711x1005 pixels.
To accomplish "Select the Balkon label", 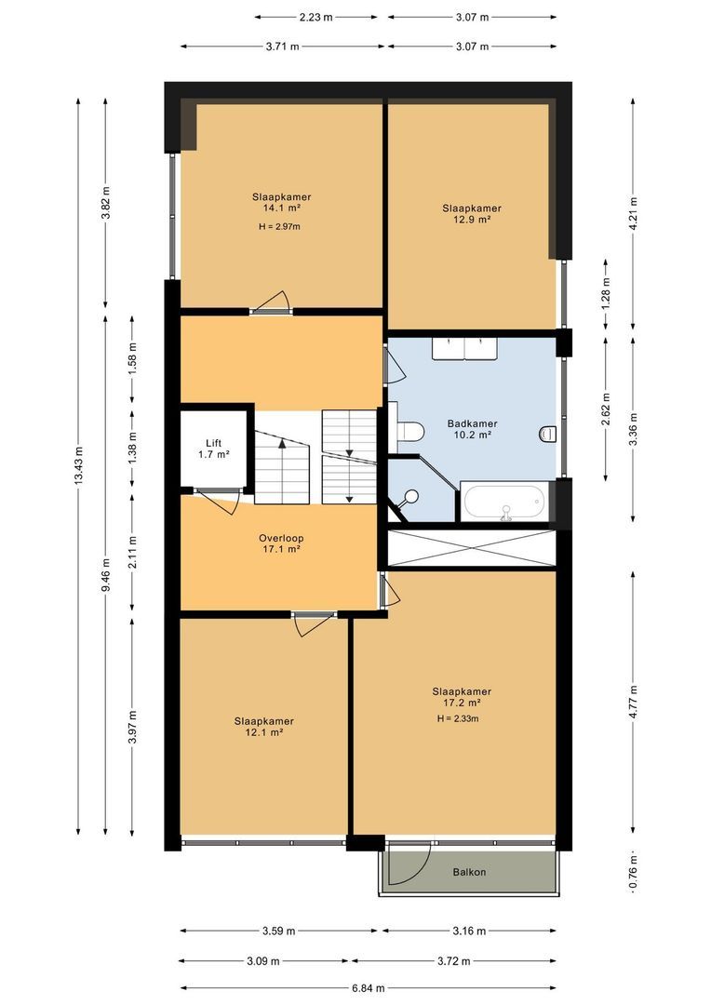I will [469, 872].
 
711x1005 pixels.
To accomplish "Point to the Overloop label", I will [281, 538].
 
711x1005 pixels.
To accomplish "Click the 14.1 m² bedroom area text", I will [281, 208].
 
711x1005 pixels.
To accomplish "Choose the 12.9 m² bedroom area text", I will [472, 220].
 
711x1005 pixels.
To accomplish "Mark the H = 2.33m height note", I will [462, 717].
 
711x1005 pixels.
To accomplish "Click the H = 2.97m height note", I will [280, 226].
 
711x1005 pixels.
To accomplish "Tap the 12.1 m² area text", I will [264, 732].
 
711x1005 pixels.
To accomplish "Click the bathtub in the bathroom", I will [503, 502].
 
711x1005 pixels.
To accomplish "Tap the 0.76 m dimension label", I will [634, 874].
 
